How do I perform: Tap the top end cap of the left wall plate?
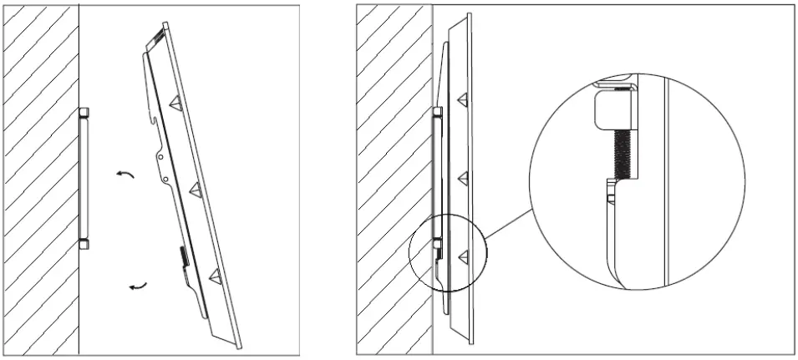coord(84,113)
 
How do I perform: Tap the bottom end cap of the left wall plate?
coord(84,244)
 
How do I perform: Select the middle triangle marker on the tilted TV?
coord(196,188)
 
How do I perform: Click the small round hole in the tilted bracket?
coord(166,179)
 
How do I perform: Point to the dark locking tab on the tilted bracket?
coord(181,254)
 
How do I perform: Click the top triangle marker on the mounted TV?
coord(461,99)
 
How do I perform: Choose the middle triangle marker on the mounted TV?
coord(461,177)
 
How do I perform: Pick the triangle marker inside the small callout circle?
coord(461,254)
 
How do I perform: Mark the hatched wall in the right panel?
coord(394,180)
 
